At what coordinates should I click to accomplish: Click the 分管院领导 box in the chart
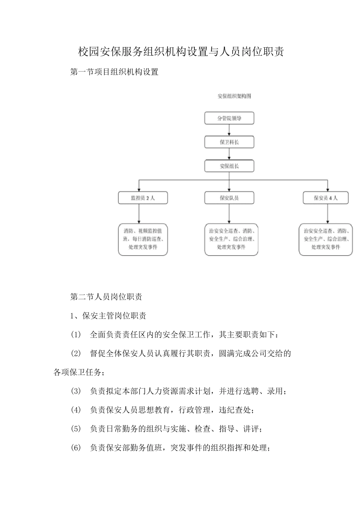pyautogui.click(x=229, y=118)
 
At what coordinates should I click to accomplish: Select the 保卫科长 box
pyautogui.click(x=229, y=142)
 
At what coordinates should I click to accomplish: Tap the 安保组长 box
pyautogui.click(x=229, y=166)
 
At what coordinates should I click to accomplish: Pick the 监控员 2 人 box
pyautogui.click(x=142, y=198)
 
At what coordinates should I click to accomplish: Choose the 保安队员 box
pyautogui.click(x=229, y=198)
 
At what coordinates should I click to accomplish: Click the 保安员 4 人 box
pyautogui.click(x=326, y=198)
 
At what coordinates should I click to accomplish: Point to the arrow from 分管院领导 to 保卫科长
pyautogui.click(x=229, y=130)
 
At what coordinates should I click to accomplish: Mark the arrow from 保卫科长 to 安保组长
pyautogui.click(x=229, y=154)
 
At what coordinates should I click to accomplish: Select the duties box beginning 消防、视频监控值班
pyautogui.click(x=143, y=239)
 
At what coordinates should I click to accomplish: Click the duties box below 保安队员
pyautogui.click(x=231, y=239)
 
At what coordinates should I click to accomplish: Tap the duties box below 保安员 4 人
pyautogui.click(x=326, y=239)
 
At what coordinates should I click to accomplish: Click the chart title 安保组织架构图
pyautogui.click(x=234, y=96)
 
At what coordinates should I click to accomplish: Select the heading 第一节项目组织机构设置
pyautogui.click(x=114, y=72)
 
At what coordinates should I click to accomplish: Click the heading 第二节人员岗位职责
pyautogui.click(x=106, y=297)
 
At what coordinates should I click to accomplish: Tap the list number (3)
pyautogui.click(x=76, y=391)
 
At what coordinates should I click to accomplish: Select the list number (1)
pyautogui.click(x=76, y=335)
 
